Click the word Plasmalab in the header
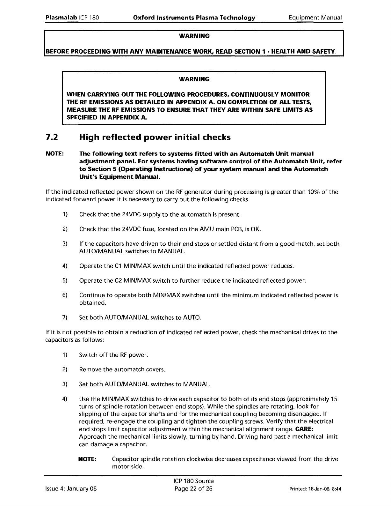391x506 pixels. click(61, 18)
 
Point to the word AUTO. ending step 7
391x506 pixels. click(192, 318)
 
